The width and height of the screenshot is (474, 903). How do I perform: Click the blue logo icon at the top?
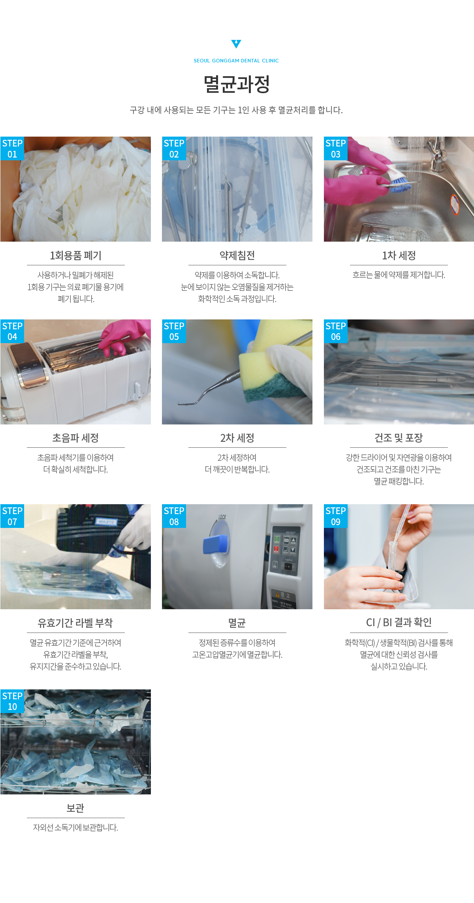coord(236,43)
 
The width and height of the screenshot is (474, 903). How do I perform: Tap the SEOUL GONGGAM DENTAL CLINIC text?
coord(236,61)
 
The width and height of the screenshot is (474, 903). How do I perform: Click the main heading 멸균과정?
coord(237,84)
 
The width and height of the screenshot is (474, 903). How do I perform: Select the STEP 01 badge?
coord(12,148)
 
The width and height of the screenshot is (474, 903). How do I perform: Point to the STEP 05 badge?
coord(174,331)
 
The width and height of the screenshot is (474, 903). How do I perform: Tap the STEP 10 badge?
coord(12,701)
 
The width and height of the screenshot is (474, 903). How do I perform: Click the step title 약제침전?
coord(237,255)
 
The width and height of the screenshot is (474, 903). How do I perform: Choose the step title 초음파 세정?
coord(75,438)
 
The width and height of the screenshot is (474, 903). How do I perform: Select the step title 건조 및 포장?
coord(399,438)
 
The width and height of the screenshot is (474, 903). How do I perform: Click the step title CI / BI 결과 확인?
coord(399,623)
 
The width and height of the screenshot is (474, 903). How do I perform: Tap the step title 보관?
coord(75,808)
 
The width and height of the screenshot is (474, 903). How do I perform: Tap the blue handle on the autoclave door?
coord(216,543)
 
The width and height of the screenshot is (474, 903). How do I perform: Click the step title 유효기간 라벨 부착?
coord(75,623)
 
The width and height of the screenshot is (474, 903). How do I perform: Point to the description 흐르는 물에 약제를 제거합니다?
coord(399,275)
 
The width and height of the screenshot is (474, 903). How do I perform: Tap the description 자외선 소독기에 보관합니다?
coord(75,827)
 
